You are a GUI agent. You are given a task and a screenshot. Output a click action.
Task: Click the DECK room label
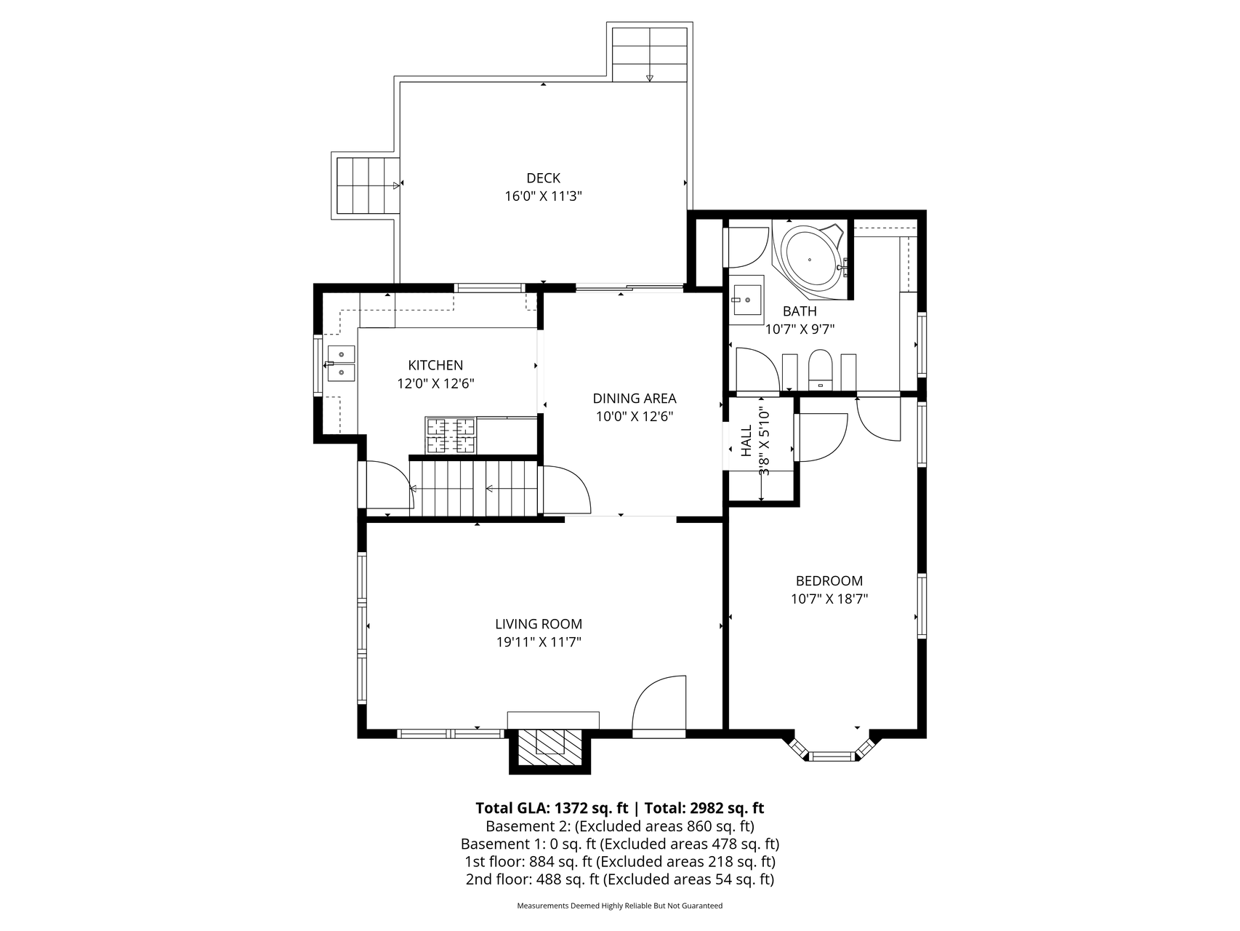(x=543, y=178)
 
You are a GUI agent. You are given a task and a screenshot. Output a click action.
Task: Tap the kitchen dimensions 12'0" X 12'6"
(x=435, y=383)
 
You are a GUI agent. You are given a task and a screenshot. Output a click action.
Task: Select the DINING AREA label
(x=635, y=399)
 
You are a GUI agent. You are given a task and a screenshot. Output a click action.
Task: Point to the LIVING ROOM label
(x=539, y=624)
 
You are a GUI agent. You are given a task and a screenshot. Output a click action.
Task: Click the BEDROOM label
(x=829, y=581)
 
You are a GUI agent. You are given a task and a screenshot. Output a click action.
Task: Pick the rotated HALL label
(x=746, y=441)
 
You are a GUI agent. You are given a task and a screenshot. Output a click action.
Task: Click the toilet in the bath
(x=819, y=370)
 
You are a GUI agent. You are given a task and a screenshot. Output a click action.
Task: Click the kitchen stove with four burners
(x=451, y=436)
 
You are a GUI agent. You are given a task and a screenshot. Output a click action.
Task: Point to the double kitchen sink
(x=340, y=364)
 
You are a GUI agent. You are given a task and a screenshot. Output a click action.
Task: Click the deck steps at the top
(x=650, y=55)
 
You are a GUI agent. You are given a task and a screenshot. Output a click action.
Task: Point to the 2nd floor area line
(x=620, y=879)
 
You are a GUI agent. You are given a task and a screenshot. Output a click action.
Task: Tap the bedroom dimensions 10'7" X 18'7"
(x=829, y=599)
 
